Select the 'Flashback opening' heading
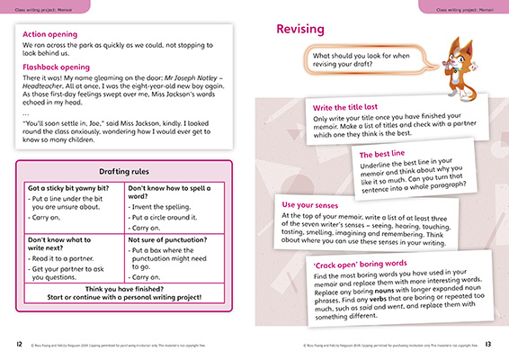pyautogui.click(x=59, y=66)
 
